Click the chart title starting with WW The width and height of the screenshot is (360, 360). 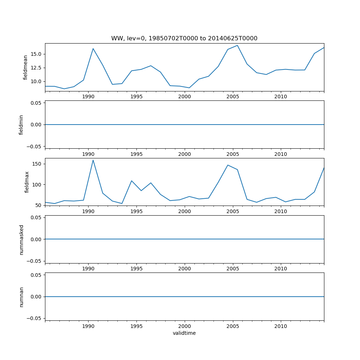pyautogui.click(x=184, y=39)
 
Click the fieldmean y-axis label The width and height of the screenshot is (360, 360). pyautogui.click(x=25, y=67)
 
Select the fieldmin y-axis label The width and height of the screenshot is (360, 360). pyautogui.click(x=21, y=125)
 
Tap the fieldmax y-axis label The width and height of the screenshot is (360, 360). pyautogui.click(x=27, y=182)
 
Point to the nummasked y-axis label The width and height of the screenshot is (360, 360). pyautogui.click(x=21, y=239)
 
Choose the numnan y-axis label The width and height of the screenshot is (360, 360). pyautogui.click(x=21, y=297)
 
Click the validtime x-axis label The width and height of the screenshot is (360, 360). pyautogui.click(x=184, y=333)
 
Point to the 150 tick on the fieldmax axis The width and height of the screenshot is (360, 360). pyautogui.click(x=37, y=164)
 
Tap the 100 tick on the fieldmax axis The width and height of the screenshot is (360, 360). pyautogui.click(x=37, y=185)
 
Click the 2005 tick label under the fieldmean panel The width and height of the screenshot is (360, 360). pyautogui.click(x=233, y=96)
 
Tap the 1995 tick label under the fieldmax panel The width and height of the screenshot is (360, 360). pyautogui.click(x=136, y=211)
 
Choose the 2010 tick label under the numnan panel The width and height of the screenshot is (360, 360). pyautogui.click(x=281, y=326)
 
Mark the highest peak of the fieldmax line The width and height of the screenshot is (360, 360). pyautogui.click(x=93, y=160)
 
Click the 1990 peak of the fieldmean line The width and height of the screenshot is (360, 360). pyautogui.click(x=93, y=49)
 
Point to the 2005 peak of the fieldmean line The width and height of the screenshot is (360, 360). pyautogui.click(x=237, y=45)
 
